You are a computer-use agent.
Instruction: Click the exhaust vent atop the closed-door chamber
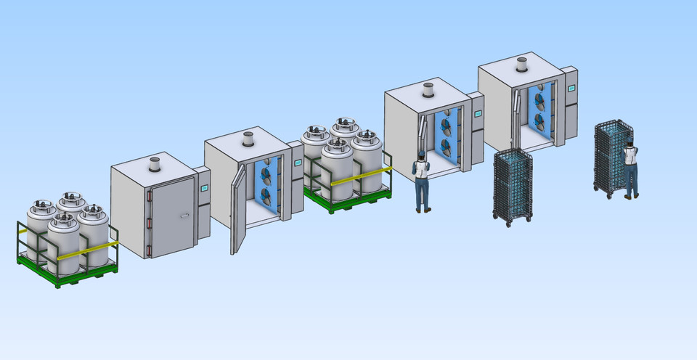(154, 164)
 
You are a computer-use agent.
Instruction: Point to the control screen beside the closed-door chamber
(205, 188)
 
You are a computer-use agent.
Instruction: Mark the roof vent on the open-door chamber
(248, 139)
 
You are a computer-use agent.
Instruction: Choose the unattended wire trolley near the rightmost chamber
(513, 186)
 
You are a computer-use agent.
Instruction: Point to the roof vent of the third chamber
(428, 90)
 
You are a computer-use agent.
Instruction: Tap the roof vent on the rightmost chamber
(521, 64)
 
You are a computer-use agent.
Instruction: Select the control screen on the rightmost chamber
(571, 88)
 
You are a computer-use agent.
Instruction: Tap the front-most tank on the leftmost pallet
(63, 247)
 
